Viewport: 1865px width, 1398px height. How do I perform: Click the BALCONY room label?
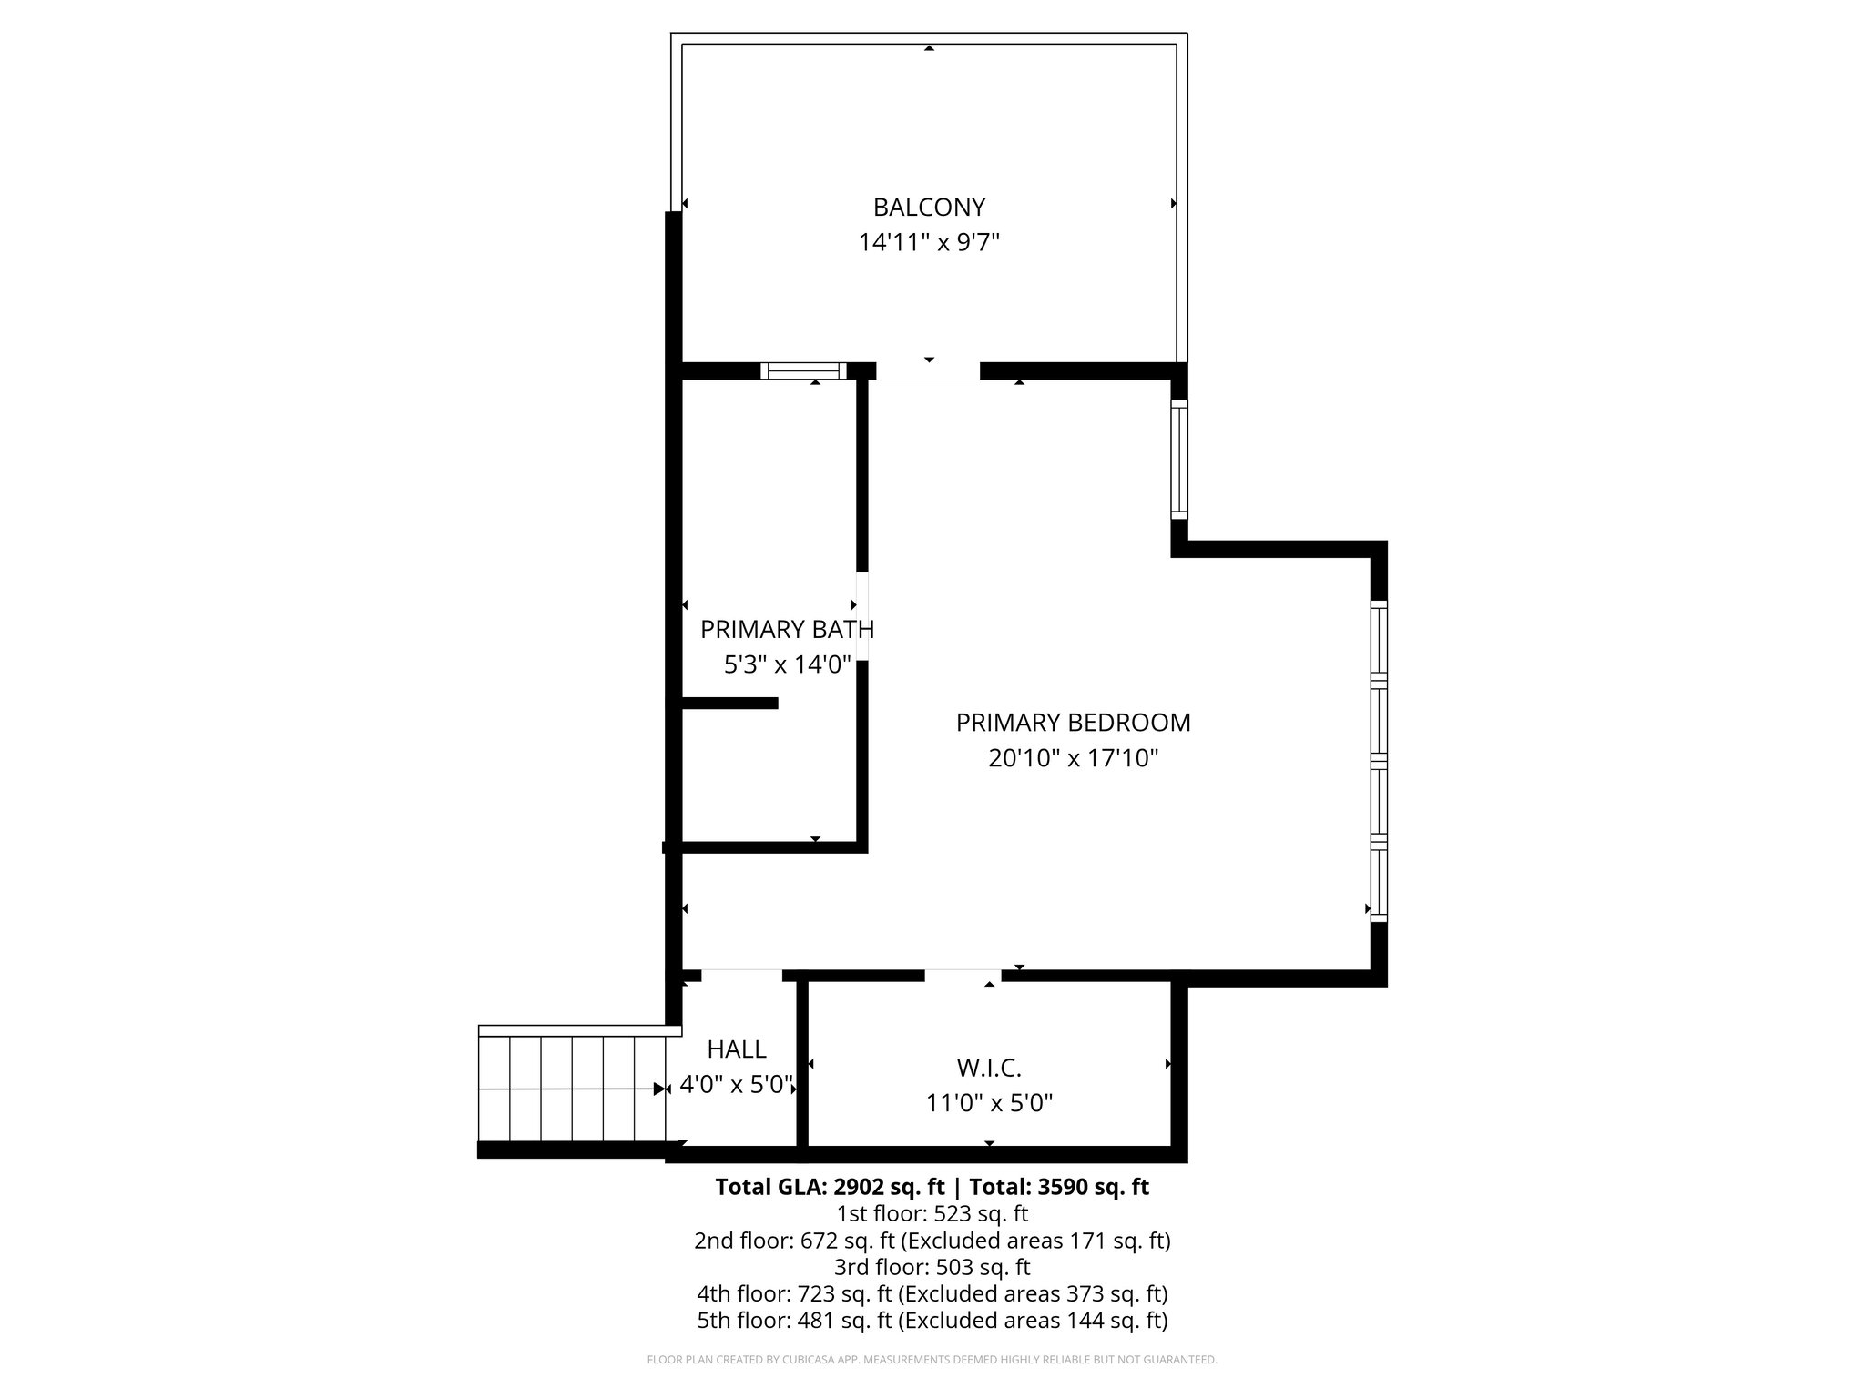coord(929,208)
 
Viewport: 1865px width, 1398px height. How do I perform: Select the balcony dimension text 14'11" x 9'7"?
coord(929,243)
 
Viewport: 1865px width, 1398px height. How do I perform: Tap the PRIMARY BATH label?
coord(787,629)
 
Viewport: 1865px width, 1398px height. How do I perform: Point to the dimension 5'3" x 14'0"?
coord(787,665)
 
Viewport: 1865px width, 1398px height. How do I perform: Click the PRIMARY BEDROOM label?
coord(1073,723)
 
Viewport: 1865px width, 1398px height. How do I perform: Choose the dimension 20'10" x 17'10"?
coord(1073,758)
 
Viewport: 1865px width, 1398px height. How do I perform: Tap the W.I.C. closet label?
coord(989,1067)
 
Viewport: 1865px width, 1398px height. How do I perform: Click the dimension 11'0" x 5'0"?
coord(989,1103)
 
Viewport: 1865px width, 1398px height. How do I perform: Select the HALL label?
coord(737,1049)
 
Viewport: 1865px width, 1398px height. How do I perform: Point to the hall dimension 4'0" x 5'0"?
coord(737,1085)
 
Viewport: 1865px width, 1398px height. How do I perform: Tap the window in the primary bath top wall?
coord(803,370)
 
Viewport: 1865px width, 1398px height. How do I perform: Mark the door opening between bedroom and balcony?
coord(928,371)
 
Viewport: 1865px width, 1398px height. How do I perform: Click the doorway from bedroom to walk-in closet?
coord(963,976)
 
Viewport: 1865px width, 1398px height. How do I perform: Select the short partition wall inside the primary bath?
coord(729,703)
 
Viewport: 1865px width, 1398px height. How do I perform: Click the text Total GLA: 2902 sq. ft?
coord(831,1187)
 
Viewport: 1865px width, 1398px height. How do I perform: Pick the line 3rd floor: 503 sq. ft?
coord(932,1267)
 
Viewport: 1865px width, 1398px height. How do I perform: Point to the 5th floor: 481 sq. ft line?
coord(932,1320)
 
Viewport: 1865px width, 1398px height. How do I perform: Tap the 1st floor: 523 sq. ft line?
coord(932,1213)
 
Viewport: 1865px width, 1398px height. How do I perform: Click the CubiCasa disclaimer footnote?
coord(932,1360)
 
